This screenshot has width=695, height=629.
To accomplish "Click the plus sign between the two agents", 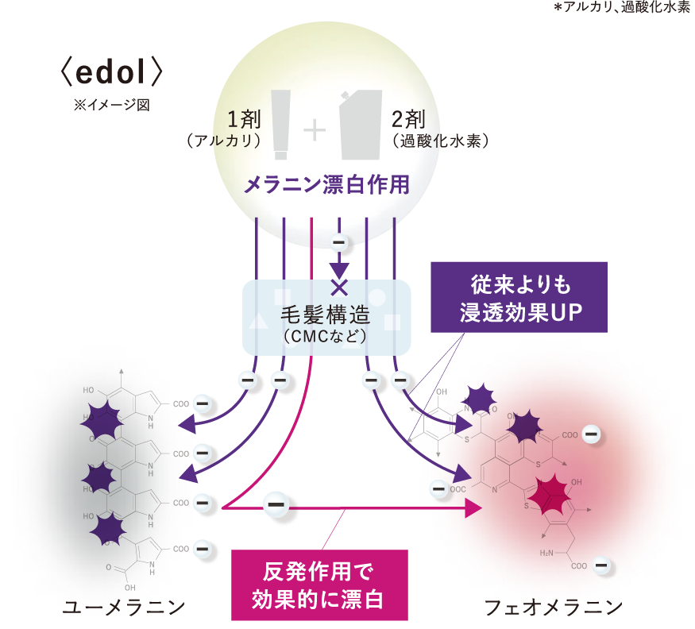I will point(315,129).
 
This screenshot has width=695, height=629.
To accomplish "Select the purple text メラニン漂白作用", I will point(326,185).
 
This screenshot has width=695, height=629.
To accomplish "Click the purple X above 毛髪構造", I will point(340,287).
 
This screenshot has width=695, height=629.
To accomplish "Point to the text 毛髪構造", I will point(327,314).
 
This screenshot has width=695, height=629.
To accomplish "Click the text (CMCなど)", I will point(326,337).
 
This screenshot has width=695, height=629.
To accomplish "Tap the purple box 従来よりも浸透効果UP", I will point(519,296).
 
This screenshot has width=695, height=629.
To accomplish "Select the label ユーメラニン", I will point(124,608).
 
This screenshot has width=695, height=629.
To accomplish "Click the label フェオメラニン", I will point(554,608).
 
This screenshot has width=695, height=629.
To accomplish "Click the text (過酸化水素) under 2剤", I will point(440,141).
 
